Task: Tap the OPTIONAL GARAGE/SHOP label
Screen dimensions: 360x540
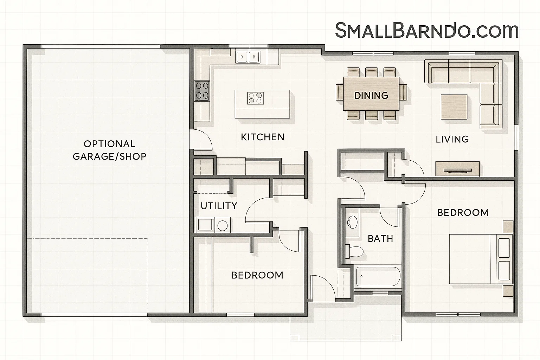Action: click(x=109, y=150)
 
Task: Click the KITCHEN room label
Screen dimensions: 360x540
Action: click(x=263, y=137)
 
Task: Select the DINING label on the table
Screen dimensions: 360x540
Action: click(x=371, y=96)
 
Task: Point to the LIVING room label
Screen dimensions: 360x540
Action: click(x=452, y=139)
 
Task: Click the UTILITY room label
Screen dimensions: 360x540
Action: click(x=219, y=206)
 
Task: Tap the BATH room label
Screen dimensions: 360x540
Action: click(x=380, y=239)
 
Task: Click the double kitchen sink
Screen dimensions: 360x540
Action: click(x=247, y=57)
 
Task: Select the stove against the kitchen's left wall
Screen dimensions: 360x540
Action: click(x=202, y=90)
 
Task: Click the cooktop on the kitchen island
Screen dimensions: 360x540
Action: click(x=255, y=98)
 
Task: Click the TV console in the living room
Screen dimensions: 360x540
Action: click(x=457, y=169)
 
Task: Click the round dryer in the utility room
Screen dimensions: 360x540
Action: click(x=222, y=225)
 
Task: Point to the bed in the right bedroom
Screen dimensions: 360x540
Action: click(x=480, y=259)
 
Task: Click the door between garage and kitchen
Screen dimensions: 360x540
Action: click(x=200, y=140)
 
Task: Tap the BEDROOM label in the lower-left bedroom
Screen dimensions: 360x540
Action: click(x=257, y=275)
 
